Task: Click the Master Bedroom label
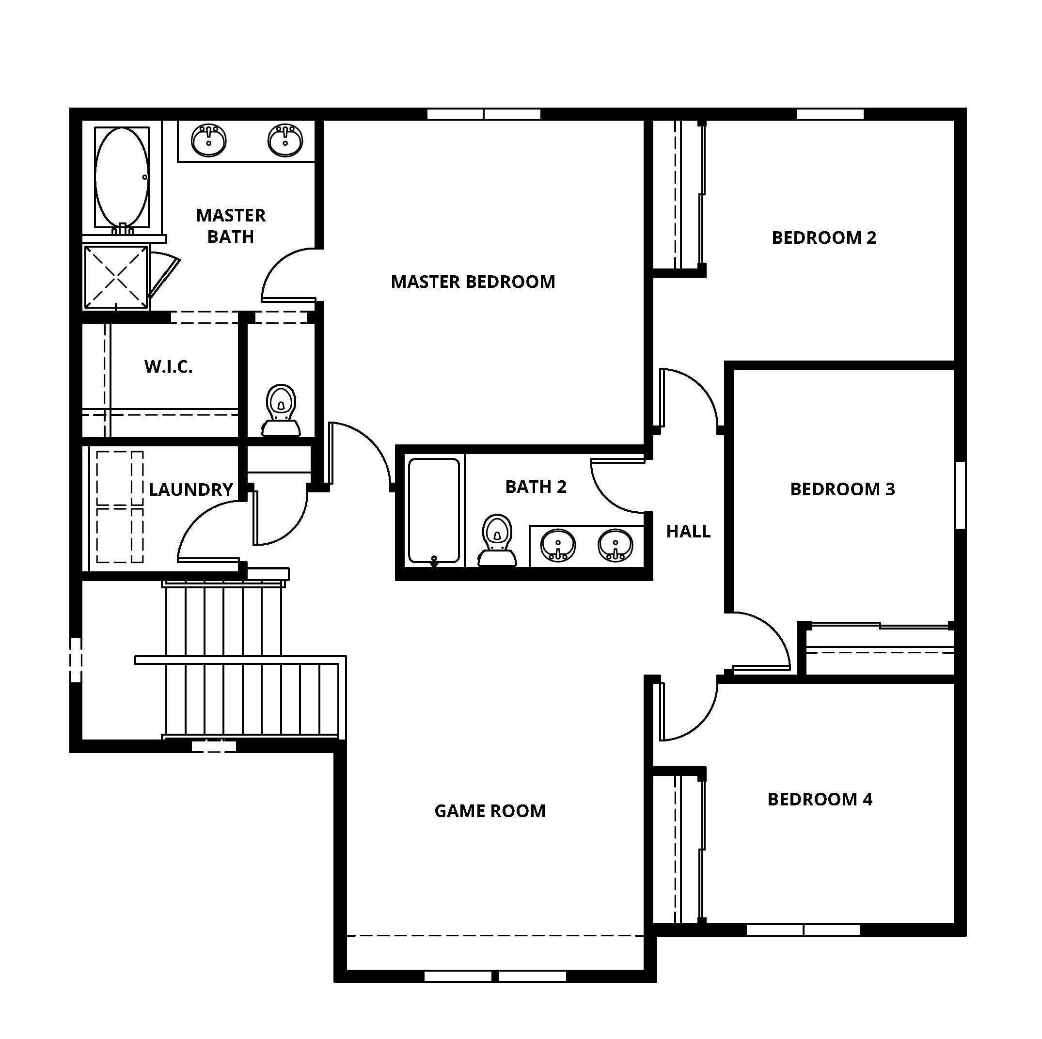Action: click(473, 282)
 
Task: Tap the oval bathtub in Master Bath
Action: click(122, 177)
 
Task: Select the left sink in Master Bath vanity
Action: click(208, 140)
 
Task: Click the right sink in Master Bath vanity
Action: click(285, 140)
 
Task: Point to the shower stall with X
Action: click(116, 277)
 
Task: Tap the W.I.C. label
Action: click(168, 367)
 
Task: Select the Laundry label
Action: click(190, 489)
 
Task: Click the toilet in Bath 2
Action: click(497, 540)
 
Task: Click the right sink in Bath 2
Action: click(615, 545)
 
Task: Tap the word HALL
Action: click(688, 532)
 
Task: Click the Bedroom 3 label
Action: click(842, 489)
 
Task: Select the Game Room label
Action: click(489, 811)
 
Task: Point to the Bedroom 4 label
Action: click(819, 799)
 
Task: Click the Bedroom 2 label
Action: click(823, 237)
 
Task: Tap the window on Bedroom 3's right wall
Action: click(960, 494)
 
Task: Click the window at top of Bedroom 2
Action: click(830, 114)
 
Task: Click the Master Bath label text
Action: click(230, 226)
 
